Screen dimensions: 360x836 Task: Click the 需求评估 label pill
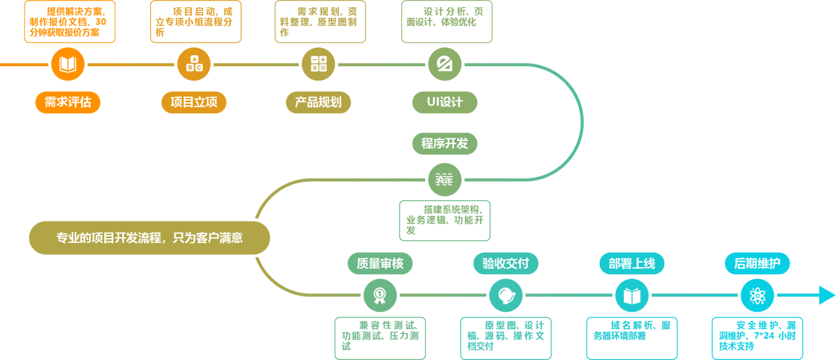click(x=67, y=103)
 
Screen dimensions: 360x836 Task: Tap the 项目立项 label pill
click(x=194, y=103)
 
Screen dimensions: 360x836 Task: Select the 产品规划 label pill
click(x=318, y=103)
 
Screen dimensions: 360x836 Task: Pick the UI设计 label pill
click(x=445, y=103)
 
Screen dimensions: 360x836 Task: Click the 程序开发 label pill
click(x=445, y=144)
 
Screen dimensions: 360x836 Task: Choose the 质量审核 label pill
click(x=380, y=264)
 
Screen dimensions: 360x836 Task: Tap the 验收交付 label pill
click(x=506, y=264)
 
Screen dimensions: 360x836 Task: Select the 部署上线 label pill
click(x=632, y=264)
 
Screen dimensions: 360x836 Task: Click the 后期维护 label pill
click(x=757, y=264)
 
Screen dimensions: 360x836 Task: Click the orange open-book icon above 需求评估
click(x=67, y=64)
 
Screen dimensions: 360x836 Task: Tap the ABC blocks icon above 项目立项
click(x=194, y=64)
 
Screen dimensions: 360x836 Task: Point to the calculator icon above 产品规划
click(x=318, y=64)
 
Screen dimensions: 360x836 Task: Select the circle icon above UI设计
click(x=445, y=64)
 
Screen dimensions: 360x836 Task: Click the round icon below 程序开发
click(x=445, y=180)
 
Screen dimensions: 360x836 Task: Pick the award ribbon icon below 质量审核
click(x=380, y=295)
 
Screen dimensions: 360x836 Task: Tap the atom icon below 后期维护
click(x=757, y=295)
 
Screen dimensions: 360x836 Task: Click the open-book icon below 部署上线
click(x=632, y=295)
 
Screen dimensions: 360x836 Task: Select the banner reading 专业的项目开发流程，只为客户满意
click(x=149, y=238)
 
